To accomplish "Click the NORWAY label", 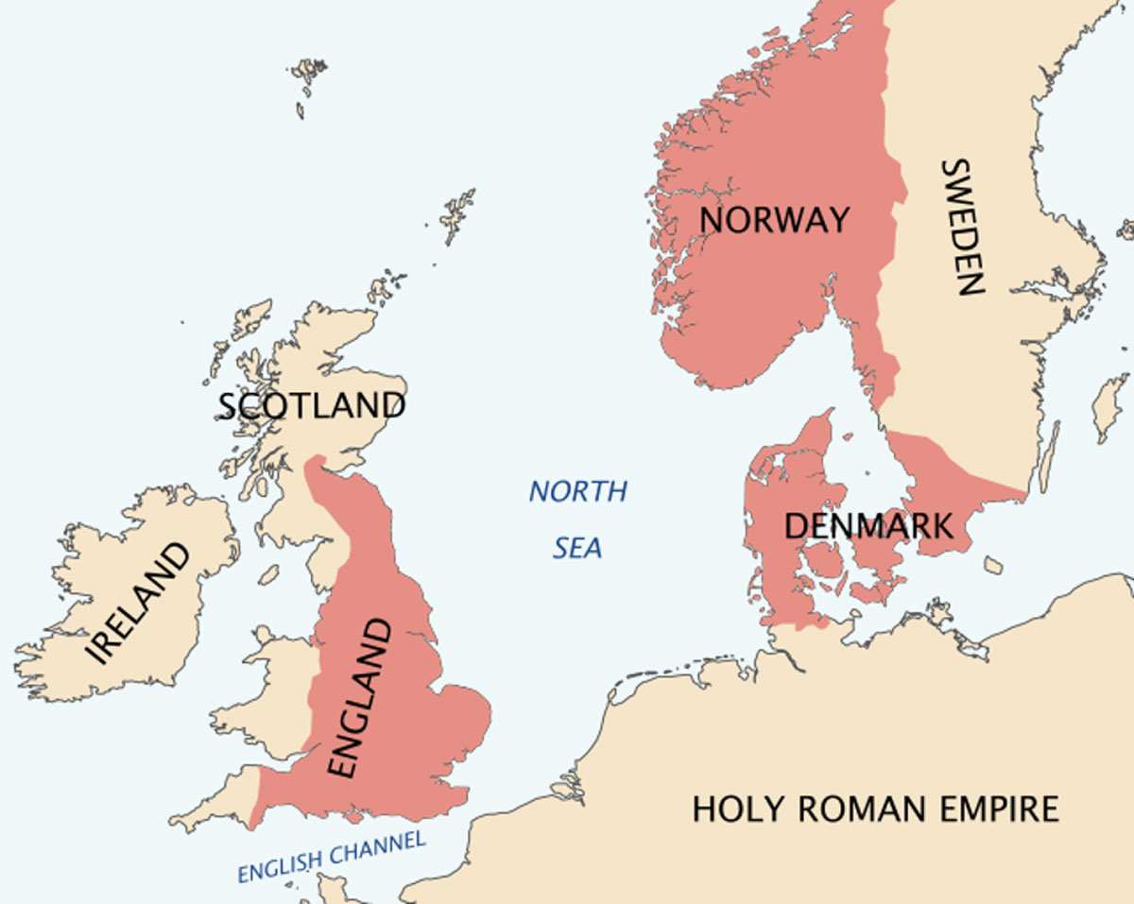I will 774,220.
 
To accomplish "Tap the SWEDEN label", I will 963,227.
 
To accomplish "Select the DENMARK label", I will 868,525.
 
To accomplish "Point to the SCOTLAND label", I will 311,405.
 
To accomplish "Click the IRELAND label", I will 138,605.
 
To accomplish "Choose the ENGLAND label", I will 358,698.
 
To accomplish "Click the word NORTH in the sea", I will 577,491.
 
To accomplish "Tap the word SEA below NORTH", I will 577,548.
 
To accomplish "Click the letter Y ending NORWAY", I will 837,220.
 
